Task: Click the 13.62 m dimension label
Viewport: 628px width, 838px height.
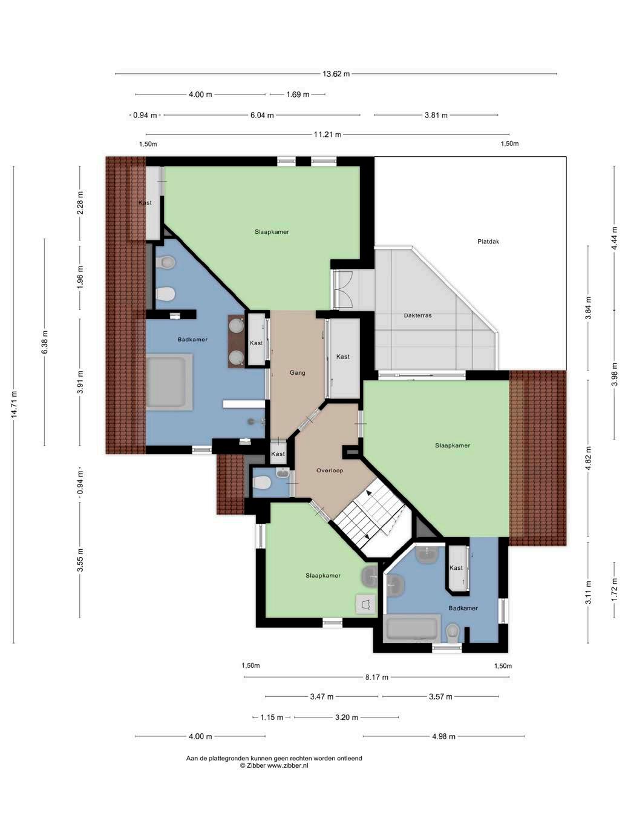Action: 336,74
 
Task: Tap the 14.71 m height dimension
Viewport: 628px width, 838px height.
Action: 14,404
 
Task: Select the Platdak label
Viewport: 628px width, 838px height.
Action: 488,242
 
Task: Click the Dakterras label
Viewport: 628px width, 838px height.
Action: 417,315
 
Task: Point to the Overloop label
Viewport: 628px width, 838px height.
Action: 330,470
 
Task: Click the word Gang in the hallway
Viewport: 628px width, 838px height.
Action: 297,372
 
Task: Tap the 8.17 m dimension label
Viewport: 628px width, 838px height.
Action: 376,678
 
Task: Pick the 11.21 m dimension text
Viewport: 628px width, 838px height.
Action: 327,134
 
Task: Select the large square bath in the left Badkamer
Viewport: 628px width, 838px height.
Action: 169,382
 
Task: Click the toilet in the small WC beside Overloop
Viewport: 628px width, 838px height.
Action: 261,484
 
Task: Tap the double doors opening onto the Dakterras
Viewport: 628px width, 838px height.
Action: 344,290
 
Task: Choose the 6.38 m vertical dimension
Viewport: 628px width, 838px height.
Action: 45,343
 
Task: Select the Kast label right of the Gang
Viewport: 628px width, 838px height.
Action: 343,357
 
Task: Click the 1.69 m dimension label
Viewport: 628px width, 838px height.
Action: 298,94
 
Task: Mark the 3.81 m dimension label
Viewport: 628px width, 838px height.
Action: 436,115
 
